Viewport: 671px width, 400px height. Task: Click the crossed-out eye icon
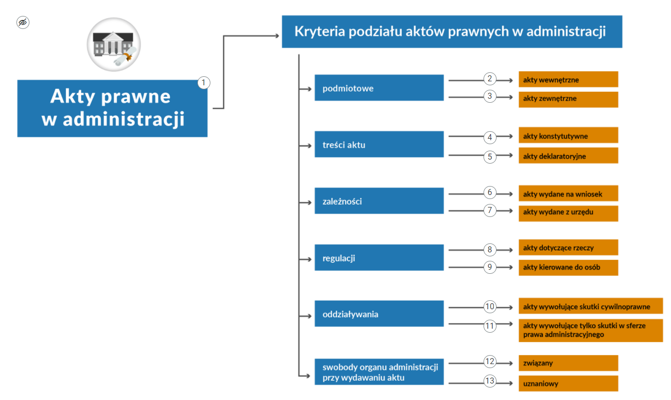(x=23, y=22)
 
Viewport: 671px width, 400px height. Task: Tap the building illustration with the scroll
(x=114, y=44)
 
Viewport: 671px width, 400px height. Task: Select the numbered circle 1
(x=204, y=83)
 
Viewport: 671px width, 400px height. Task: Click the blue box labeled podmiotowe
(x=379, y=88)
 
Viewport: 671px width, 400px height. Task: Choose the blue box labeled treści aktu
(x=379, y=144)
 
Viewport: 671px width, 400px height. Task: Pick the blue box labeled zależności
(x=379, y=201)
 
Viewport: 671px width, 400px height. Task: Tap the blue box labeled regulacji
(x=379, y=257)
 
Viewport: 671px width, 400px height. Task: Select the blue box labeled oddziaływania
(x=379, y=313)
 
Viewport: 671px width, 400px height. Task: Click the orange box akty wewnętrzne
(x=568, y=79)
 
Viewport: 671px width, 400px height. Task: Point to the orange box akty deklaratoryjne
(x=568, y=156)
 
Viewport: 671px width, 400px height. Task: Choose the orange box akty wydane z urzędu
(x=568, y=213)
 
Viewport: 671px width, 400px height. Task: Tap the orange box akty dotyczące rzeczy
(x=568, y=247)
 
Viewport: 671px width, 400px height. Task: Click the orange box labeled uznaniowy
(x=568, y=383)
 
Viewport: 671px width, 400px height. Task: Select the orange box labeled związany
(x=568, y=363)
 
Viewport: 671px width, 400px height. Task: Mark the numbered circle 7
(x=490, y=210)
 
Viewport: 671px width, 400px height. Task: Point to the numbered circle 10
(x=490, y=307)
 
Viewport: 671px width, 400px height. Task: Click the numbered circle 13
(x=490, y=381)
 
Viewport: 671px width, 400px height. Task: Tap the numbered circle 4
(x=490, y=137)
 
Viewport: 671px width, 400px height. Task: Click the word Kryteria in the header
(x=320, y=31)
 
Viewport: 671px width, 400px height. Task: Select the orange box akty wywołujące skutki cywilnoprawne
(x=591, y=306)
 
